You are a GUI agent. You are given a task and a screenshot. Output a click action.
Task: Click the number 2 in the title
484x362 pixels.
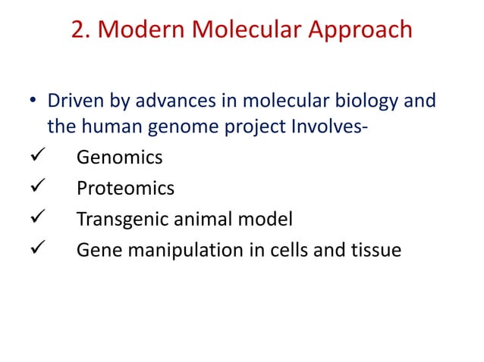coord(78,30)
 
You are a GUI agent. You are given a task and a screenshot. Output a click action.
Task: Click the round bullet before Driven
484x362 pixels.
coord(33,101)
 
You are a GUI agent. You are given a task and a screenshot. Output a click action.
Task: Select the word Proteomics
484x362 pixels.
coord(125,188)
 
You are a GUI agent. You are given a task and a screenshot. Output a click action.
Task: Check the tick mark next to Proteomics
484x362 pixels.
coord(34,188)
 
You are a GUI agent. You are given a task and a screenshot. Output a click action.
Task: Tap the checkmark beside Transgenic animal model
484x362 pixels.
coord(34,219)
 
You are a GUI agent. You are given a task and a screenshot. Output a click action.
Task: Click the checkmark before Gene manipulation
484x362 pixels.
coord(34,249)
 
